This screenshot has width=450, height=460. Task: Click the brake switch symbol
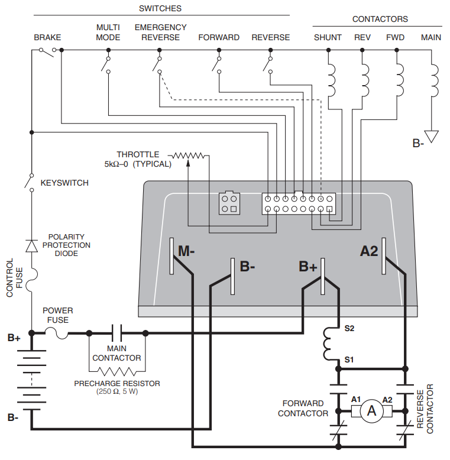tap(47, 52)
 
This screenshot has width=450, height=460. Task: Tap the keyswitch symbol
tap(30, 183)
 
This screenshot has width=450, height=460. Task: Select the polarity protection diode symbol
tap(32, 246)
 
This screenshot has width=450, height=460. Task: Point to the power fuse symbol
tap(56, 334)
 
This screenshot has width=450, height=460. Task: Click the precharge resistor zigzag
tap(116, 372)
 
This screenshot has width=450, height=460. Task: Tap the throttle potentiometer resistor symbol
tap(188, 156)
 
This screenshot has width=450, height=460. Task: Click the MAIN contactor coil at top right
tap(434, 80)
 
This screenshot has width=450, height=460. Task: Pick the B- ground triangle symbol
tap(431, 137)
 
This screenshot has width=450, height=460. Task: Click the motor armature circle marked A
tap(372, 411)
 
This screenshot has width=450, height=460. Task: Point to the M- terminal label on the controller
tap(186, 251)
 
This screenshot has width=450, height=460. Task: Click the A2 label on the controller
tap(369, 251)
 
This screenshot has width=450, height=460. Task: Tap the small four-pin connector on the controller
tap(229, 203)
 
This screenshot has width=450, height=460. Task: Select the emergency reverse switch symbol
tap(157, 65)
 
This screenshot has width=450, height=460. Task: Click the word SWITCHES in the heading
tap(160, 8)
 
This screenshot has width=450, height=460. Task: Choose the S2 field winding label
tap(349, 328)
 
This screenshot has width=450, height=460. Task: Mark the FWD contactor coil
tap(400, 80)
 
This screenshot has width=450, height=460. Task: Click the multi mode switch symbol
tap(106, 65)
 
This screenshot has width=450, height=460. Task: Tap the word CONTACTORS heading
tap(380, 19)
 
